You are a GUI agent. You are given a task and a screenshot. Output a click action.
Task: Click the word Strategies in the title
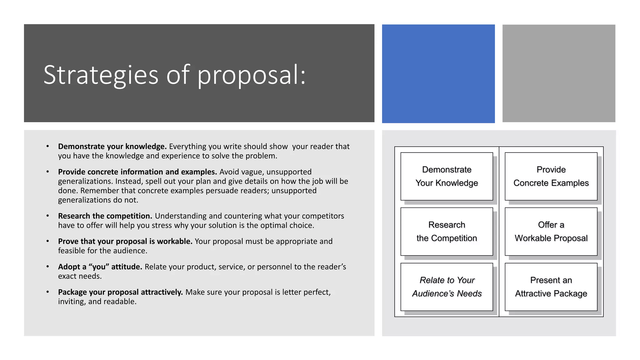[x=101, y=75]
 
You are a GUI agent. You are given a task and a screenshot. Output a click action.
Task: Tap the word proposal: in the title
[x=251, y=75]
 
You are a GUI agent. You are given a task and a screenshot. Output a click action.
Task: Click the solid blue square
[x=438, y=73]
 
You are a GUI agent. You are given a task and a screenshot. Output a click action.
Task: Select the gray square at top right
[x=559, y=73]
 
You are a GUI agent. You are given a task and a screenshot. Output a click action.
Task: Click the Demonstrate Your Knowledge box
[x=447, y=176]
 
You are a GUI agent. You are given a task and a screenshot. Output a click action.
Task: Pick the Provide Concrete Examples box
[x=551, y=176]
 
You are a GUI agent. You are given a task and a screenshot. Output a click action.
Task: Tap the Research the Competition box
[x=447, y=232]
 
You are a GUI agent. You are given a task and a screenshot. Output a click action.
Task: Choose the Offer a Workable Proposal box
[x=551, y=232]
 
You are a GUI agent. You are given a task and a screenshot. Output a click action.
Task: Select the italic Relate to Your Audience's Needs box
[x=447, y=287]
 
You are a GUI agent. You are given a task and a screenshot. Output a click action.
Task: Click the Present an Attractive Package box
[x=551, y=287]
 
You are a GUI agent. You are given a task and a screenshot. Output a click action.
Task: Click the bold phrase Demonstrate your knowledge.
[x=112, y=147]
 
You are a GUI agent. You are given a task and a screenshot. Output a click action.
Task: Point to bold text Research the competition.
[x=105, y=216]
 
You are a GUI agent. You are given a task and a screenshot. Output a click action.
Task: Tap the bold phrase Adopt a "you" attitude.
[x=100, y=267]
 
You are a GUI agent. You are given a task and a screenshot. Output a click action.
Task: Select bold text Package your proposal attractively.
[x=120, y=292]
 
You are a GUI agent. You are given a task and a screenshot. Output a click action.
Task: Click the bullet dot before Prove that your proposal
[x=47, y=241]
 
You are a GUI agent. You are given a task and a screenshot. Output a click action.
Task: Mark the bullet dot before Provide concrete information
[x=47, y=172]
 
